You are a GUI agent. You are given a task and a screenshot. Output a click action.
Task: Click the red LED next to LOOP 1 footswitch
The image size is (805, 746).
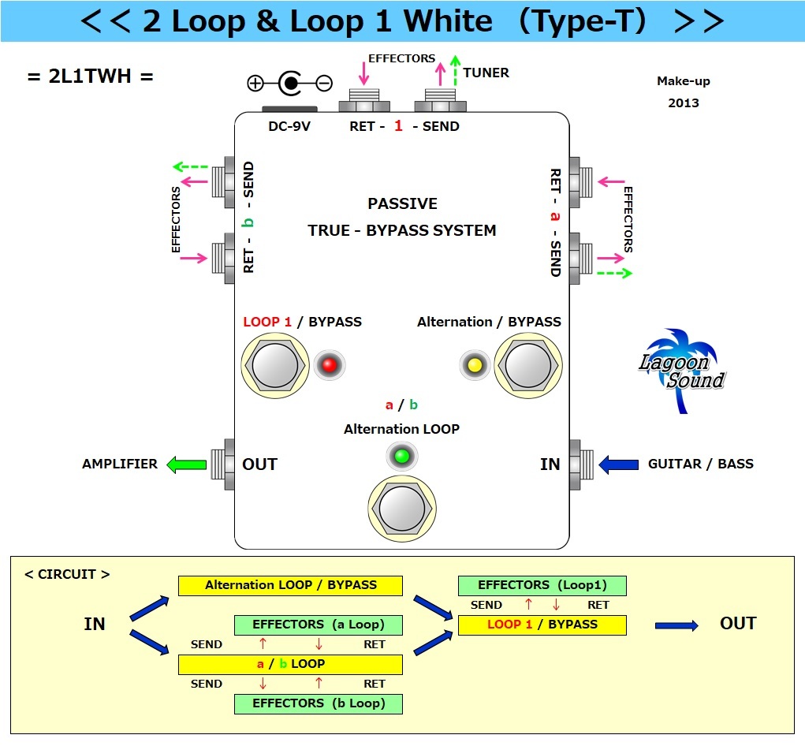click(330, 365)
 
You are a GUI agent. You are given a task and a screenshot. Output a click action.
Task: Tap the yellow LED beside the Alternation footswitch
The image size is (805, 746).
click(475, 365)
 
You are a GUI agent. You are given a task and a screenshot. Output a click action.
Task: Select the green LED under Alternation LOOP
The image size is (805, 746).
click(402, 456)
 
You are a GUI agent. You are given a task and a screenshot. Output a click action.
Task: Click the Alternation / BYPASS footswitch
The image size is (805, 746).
click(527, 366)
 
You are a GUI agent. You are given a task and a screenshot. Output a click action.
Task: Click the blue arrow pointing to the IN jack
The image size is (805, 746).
click(619, 464)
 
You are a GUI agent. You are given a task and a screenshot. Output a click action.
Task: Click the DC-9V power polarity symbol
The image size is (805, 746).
click(290, 83)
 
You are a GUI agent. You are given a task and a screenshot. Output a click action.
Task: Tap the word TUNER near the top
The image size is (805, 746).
click(486, 73)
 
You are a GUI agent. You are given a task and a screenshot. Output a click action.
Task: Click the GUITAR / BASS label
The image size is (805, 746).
click(701, 464)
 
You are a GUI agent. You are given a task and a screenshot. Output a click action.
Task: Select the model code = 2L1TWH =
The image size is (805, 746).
click(90, 76)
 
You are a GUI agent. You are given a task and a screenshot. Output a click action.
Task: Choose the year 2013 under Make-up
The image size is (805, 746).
click(683, 103)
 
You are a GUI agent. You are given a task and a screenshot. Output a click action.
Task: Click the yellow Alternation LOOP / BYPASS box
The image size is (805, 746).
click(290, 585)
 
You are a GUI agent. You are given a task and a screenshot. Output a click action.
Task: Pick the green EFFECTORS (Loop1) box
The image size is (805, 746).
click(542, 585)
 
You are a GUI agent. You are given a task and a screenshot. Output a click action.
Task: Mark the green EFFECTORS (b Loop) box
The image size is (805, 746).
click(319, 703)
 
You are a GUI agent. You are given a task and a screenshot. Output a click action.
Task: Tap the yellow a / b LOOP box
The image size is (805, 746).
click(290, 664)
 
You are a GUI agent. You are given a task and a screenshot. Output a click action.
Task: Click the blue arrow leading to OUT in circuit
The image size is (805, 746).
click(676, 625)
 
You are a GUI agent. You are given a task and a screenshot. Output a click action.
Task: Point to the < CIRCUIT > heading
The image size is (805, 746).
click(67, 574)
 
